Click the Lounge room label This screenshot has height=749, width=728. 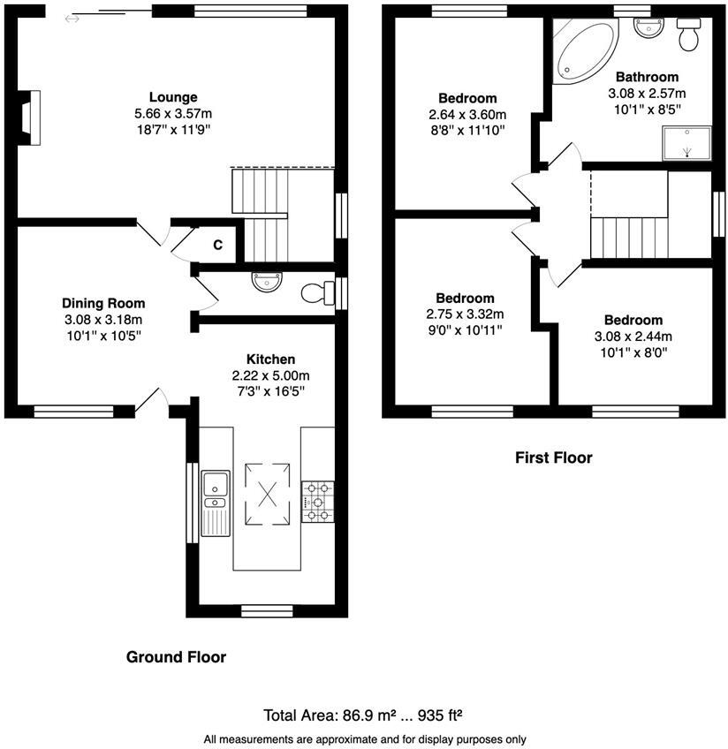click(x=172, y=97)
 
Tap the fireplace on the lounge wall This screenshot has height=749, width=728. click(x=31, y=116)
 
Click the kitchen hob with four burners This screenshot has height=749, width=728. click(x=318, y=501)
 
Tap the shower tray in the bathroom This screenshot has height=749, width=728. click(x=686, y=141)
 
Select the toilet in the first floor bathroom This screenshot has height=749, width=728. click(x=687, y=36)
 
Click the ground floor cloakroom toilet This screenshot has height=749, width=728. click(x=315, y=292)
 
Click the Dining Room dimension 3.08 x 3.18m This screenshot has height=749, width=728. click(x=103, y=319)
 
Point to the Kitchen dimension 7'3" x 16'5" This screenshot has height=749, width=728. click(x=270, y=390)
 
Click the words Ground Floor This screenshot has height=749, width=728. click(x=176, y=657)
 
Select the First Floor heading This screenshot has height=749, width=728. click(x=553, y=458)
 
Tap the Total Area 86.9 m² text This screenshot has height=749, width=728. click(x=365, y=715)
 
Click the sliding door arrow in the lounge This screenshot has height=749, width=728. click(x=72, y=19)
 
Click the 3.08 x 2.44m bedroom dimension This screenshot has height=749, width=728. click(x=633, y=336)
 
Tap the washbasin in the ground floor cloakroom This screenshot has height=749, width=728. click(x=266, y=282)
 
